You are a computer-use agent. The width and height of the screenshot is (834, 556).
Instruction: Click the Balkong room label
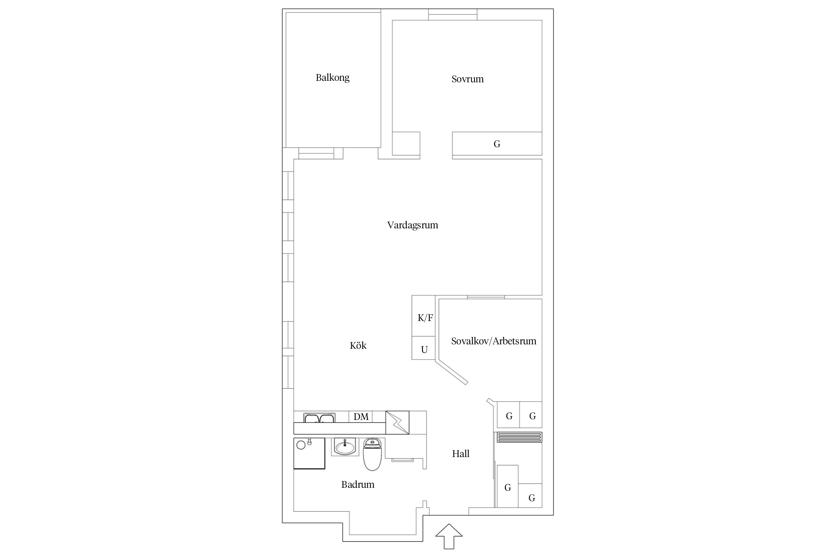(332, 78)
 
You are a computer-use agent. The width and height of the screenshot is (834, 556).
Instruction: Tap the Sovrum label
(467, 79)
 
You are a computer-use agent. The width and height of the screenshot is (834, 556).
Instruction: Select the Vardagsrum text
(413, 225)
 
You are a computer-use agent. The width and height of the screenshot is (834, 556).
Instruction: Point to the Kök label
(358, 345)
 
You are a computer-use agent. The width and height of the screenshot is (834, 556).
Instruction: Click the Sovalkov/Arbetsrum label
(494, 341)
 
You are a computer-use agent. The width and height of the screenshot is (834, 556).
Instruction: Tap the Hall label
(461, 454)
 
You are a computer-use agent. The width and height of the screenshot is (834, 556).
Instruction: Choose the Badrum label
(358, 484)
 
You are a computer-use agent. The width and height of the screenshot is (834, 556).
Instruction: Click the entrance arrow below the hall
(449, 536)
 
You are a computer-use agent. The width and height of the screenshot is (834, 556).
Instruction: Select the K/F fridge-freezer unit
(423, 316)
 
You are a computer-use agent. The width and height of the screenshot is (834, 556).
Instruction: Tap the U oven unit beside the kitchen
(423, 348)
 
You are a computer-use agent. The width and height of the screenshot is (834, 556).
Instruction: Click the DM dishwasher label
(361, 417)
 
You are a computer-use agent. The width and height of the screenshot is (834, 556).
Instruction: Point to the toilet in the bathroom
(373, 454)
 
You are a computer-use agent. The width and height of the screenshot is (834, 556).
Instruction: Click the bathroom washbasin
(345, 446)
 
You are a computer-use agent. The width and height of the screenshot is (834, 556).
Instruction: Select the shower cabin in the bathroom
(309, 453)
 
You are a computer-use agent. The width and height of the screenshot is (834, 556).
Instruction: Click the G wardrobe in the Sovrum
(497, 143)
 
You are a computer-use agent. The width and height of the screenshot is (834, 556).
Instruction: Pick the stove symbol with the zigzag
(397, 423)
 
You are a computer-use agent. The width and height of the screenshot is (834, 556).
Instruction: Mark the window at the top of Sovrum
(453, 14)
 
